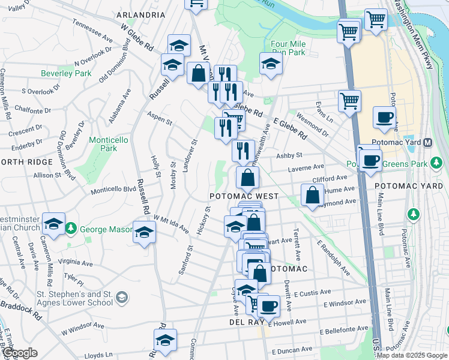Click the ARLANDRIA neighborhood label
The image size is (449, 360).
140,14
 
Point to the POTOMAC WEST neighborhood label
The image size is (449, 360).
244,196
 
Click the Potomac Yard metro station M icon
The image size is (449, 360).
428,143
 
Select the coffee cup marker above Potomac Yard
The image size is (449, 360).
384,118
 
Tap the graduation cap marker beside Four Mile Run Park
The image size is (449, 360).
271,64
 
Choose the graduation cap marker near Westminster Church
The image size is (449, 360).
53,225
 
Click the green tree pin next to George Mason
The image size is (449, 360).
71,228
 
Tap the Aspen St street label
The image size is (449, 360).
159,118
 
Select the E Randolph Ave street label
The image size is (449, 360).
334,258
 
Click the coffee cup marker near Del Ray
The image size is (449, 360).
268,305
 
